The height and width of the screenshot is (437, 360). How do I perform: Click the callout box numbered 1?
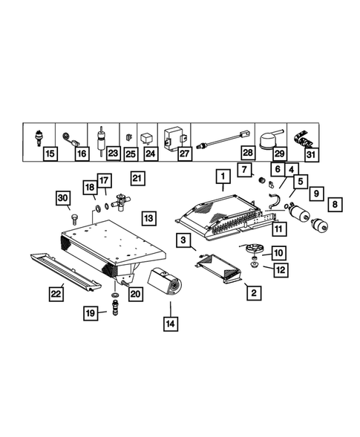[x=220, y=177]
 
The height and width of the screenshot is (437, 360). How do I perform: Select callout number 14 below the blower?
[x=170, y=323]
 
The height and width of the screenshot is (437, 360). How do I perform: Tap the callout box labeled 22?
[x=56, y=295]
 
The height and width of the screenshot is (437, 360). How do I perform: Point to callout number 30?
[x=62, y=197]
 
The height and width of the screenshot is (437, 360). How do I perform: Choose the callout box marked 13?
[x=149, y=218]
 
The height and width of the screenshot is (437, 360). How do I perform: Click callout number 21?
[x=137, y=177]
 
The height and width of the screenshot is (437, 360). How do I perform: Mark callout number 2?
[x=253, y=293]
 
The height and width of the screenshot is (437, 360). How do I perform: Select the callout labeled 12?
[x=279, y=269]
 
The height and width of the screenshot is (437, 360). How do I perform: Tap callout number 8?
[x=335, y=203]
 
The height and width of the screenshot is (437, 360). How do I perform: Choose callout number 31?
[x=312, y=154]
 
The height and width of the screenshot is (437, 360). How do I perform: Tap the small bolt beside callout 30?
[x=74, y=217]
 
